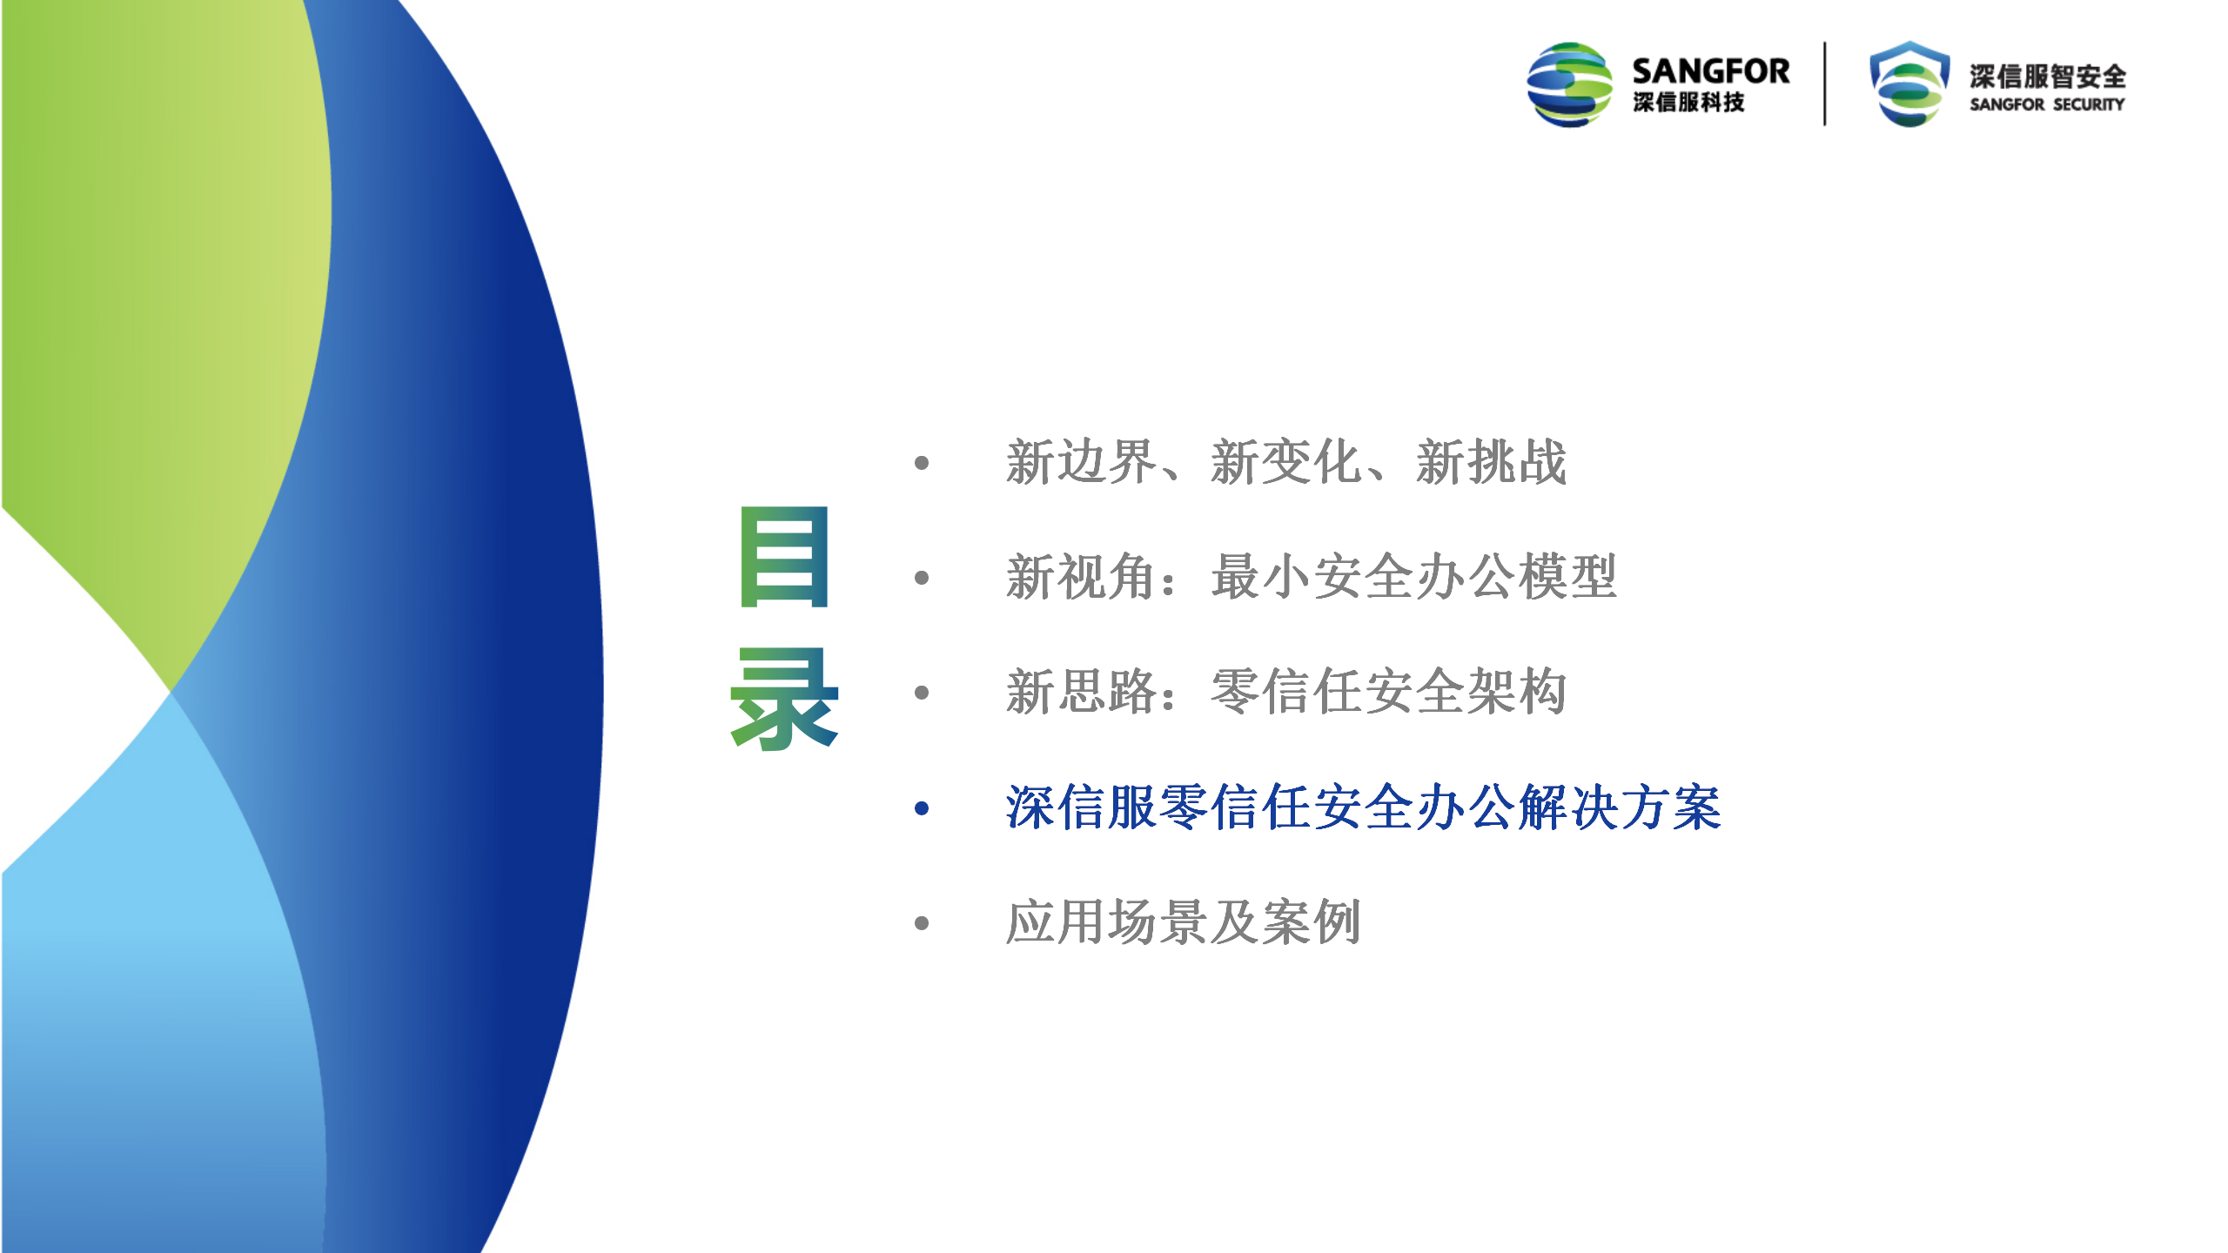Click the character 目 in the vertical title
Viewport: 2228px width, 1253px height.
784,556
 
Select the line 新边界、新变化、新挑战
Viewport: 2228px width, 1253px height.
1286,462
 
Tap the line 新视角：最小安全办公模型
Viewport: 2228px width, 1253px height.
1311,577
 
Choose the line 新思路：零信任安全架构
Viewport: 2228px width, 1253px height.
1286,692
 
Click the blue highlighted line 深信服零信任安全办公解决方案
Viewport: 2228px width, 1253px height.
1363,807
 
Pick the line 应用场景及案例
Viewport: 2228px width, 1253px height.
1184,922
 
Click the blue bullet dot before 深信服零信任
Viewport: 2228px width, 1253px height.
923,808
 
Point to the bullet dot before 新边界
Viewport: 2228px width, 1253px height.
923,463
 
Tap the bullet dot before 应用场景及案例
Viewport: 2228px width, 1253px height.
923,923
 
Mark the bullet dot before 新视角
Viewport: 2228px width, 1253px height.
923,578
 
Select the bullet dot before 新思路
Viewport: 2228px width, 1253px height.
923,693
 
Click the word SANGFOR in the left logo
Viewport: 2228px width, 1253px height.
1711,70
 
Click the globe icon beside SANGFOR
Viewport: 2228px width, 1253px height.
1570,84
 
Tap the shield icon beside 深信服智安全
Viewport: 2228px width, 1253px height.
1909,84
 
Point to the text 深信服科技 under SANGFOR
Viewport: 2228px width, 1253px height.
1688,103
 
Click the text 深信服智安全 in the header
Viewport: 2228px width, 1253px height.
2048,77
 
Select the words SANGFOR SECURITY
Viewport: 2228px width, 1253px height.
2047,104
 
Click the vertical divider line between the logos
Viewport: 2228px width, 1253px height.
1825,84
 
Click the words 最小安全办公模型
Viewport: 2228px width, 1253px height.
1414,577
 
